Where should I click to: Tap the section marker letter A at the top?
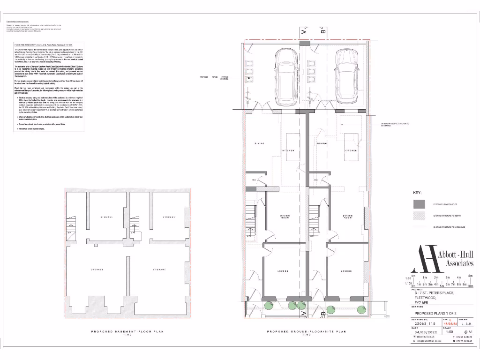[x=304, y=32]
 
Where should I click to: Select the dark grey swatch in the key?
[x=419, y=204]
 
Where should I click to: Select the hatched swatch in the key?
[x=419, y=216]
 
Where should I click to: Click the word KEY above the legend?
[x=417, y=193]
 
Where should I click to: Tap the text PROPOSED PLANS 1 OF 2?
[x=435, y=314]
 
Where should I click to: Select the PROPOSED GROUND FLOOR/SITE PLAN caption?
[x=306, y=331]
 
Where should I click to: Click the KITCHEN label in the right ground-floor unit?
[x=351, y=150]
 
